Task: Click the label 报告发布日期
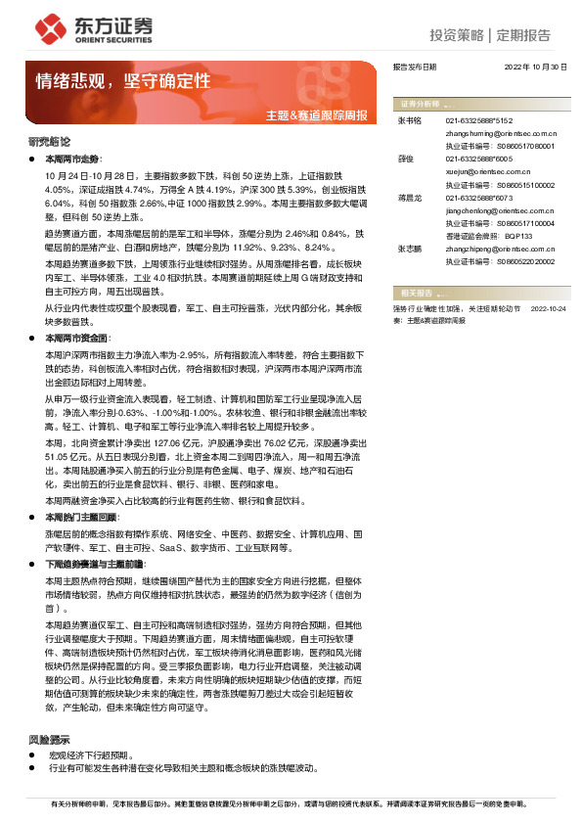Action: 415,68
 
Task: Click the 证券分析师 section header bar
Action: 479,103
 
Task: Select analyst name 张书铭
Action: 409,120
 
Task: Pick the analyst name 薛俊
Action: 407,158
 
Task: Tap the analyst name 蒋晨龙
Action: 409,198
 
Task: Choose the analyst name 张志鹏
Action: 409,250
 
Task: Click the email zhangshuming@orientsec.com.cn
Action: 502,132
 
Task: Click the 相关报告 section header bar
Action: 479,293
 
